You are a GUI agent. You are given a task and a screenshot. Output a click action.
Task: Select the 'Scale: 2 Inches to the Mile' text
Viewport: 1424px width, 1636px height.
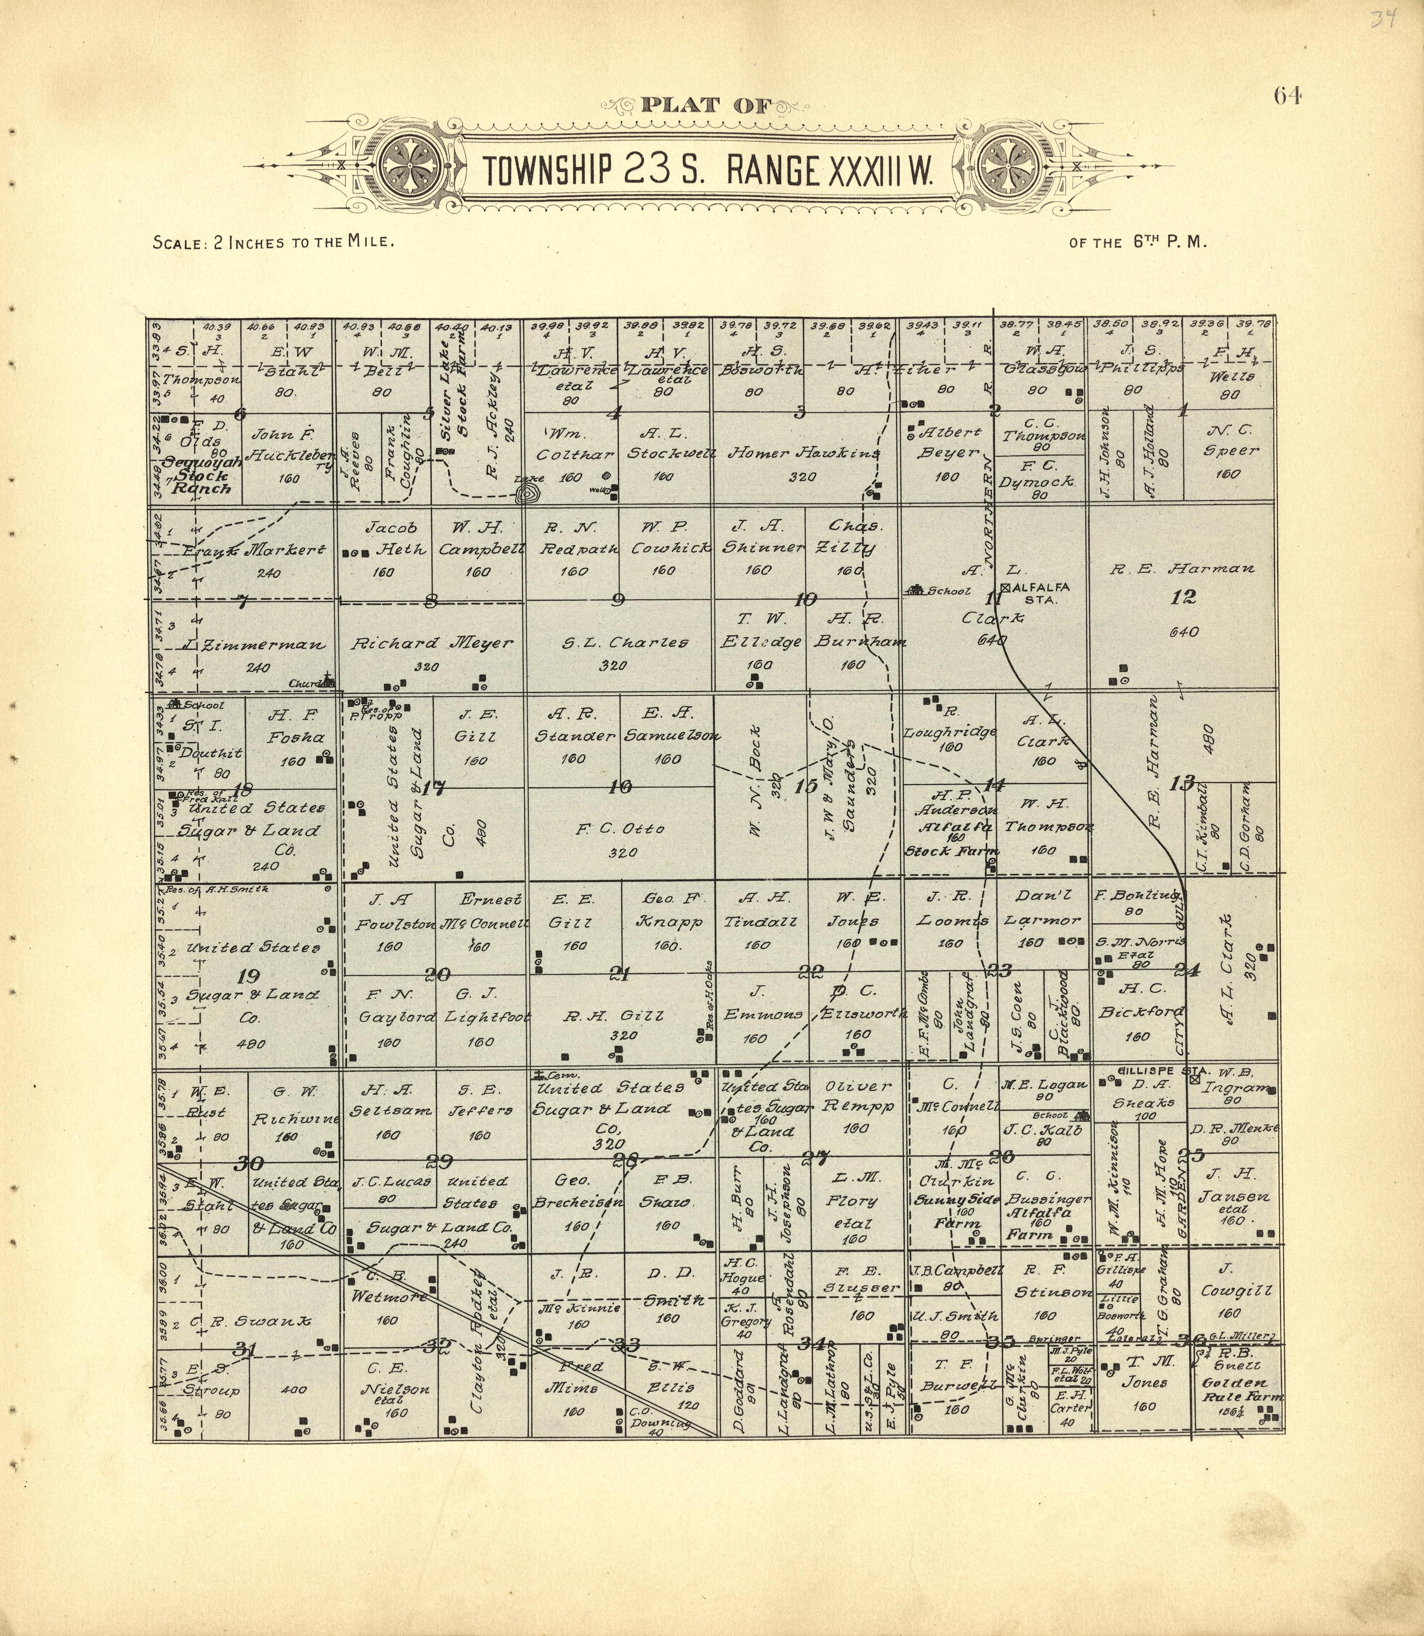[x=273, y=242]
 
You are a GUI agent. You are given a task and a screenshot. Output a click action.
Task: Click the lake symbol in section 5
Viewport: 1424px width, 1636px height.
[x=525, y=495]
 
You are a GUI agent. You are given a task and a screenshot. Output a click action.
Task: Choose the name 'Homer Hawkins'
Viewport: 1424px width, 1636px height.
[x=803, y=453]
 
